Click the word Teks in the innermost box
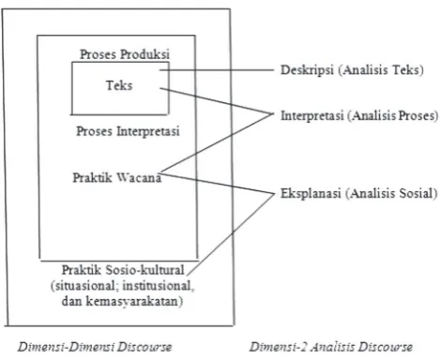[x=119, y=85]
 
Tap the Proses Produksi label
[x=125, y=54]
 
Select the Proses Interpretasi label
[x=128, y=131]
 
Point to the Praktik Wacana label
[x=117, y=177]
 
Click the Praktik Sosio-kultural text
[x=123, y=270]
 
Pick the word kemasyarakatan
[x=134, y=301]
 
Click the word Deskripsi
[x=307, y=69]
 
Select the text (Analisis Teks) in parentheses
[x=381, y=69]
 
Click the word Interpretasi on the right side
[x=311, y=115]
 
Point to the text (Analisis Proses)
[x=393, y=115]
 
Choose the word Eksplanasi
[x=311, y=193]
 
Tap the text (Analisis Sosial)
[x=391, y=193]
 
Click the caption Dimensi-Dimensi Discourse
[x=95, y=347]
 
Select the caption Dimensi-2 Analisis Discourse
[x=331, y=347]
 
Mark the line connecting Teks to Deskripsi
[x=217, y=70]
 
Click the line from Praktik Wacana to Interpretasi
[x=217, y=142]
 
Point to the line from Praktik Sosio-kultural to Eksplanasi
[x=231, y=234]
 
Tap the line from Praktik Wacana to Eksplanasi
[x=217, y=184]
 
